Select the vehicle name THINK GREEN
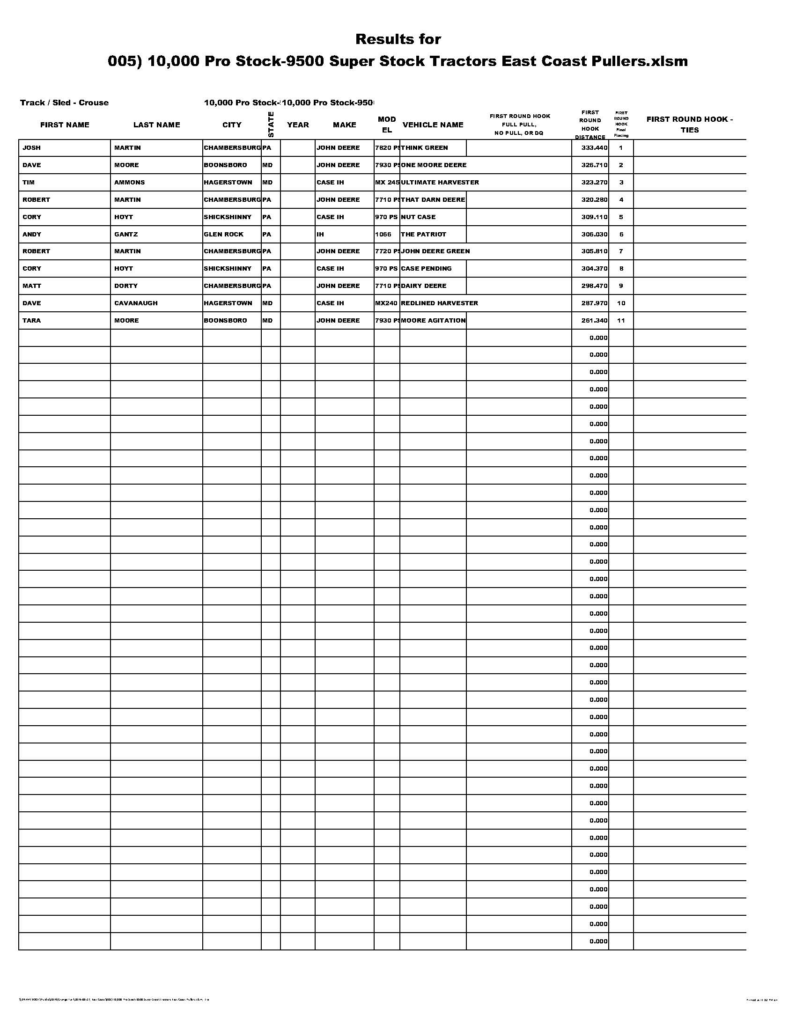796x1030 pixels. (x=424, y=147)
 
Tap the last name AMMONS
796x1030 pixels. (x=129, y=182)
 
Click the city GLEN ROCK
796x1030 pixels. (x=223, y=234)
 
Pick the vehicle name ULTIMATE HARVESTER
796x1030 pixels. (x=440, y=182)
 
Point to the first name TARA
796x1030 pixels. (x=31, y=320)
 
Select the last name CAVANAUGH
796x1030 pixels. (x=136, y=303)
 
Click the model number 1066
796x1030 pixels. (x=383, y=234)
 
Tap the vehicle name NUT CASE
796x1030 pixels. (x=418, y=217)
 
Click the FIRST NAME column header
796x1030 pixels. (x=65, y=125)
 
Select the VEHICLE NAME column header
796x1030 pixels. (x=433, y=125)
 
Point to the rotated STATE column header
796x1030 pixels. (x=271, y=124)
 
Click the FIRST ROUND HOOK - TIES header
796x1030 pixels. (x=689, y=124)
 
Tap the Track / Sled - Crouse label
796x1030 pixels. (x=64, y=103)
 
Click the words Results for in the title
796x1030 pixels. (x=398, y=39)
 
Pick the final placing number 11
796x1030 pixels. (x=620, y=320)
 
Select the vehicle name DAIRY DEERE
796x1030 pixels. (x=423, y=286)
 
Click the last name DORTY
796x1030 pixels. (x=126, y=286)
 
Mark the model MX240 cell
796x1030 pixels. (x=386, y=303)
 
